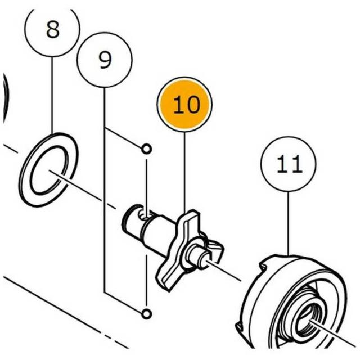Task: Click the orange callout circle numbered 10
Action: (184, 105)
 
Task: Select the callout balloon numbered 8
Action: (52, 30)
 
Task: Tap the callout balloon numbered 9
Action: (105, 60)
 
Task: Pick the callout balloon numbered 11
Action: (289, 164)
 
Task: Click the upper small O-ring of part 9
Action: (146, 149)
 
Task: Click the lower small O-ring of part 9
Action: (146, 314)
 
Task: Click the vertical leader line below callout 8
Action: (52, 95)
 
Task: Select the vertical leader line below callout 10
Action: (184, 172)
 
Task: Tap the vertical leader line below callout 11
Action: (289, 223)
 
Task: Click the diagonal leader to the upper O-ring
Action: (123, 137)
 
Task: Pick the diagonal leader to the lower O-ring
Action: (123, 303)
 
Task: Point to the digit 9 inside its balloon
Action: (105, 60)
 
